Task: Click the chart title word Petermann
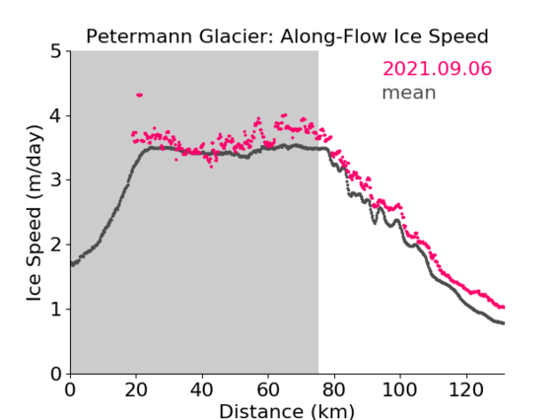[x=140, y=36]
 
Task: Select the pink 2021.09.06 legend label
[x=437, y=69]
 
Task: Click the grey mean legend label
[x=409, y=93]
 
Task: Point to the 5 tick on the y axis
[x=56, y=52]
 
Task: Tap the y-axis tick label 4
[x=56, y=116]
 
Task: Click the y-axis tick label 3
[x=56, y=180]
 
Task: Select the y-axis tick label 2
[x=56, y=245]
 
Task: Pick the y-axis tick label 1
[x=56, y=310]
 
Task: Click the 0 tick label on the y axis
[x=56, y=374]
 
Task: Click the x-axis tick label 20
[x=136, y=389]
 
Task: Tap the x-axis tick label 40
[x=202, y=389]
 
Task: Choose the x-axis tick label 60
[x=268, y=389]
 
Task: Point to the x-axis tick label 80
[x=334, y=389]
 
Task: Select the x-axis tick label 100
[x=399, y=389]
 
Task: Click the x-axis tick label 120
[x=465, y=389]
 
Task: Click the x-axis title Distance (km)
[x=287, y=411]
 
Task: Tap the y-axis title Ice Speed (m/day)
[x=35, y=213]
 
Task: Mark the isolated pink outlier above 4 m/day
[x=139, y=95]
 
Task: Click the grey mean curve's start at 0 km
[x=73, y=264]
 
